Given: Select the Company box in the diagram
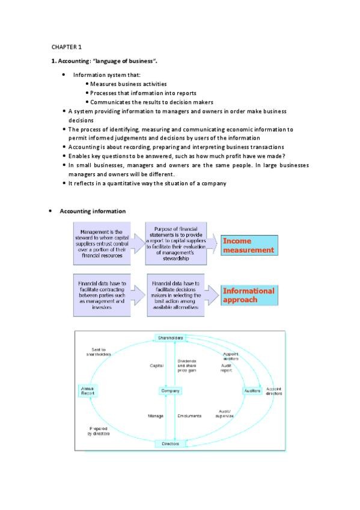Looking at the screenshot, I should tap(170, 391).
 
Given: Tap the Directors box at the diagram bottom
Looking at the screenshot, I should tap(170, 444).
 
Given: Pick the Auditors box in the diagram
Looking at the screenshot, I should tap(252, 391).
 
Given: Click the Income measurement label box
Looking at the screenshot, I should tap(248, 245).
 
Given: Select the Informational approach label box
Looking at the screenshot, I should tap(248, 295).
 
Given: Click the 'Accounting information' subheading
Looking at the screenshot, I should tap(93, 211).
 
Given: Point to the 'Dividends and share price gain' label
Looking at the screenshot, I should tap(187, 366).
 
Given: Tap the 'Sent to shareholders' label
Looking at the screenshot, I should tap(95, 352).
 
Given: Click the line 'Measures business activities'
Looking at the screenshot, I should tap(129, 84).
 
